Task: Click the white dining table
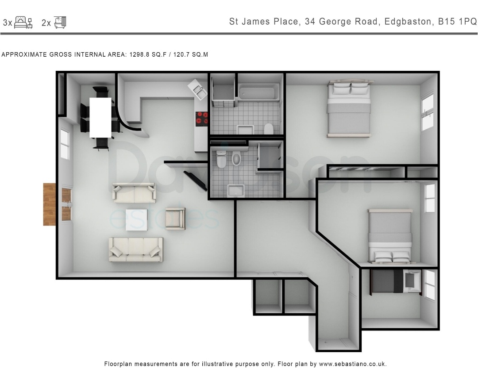tap(100, 117)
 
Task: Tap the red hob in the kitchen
tap(202, 119)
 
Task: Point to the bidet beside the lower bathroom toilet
tap(236, 159)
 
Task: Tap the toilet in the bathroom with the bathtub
tap(268, 129)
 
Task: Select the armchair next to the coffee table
tap(175, 219)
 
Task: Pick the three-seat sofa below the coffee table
tap(136, 250)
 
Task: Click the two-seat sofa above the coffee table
tap(134, 193)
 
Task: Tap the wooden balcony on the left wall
tap(49, 204)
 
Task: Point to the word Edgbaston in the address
tap(408, 22)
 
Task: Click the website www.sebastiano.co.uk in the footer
tap(352, 364)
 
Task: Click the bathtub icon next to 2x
tap(60, 22)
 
